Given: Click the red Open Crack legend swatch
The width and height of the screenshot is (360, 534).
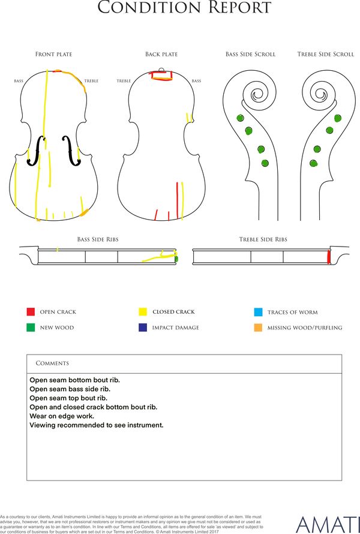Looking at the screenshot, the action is coord(31,311).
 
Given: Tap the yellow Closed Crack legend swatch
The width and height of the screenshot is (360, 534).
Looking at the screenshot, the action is coord(143,311).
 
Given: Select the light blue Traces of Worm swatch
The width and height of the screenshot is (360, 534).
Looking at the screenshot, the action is coord(258,312).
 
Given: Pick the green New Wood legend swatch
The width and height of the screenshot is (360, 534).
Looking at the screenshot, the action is coord(31,327).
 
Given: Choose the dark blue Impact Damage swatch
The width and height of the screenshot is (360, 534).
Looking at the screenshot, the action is coord(143,327).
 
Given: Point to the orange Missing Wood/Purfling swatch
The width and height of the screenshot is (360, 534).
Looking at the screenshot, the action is coord(258,328).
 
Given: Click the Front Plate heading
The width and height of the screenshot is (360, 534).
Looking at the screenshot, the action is coord(54,54).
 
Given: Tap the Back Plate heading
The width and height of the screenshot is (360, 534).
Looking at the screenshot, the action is coord(161,54).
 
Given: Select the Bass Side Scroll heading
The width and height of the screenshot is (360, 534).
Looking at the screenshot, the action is coord(250,54).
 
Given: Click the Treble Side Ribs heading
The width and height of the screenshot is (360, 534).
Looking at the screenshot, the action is coord(263,239).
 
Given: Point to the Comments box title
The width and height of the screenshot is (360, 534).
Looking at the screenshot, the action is coord(52,363).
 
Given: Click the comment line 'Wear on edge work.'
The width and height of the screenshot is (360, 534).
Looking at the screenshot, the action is coord(62,416).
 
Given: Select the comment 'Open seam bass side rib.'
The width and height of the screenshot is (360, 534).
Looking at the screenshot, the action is coord(70,389).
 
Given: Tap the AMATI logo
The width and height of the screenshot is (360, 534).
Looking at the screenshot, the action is coord(328,525).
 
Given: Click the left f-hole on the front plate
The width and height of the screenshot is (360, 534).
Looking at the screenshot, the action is coord(36,151).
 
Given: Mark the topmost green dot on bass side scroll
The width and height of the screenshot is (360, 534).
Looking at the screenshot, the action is coord(241,118).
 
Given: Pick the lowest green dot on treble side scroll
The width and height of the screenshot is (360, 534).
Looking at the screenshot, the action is coord(314,163).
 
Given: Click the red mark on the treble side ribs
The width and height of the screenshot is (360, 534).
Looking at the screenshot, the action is coord(329,257).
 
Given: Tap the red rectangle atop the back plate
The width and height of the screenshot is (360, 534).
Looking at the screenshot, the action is coord(162,75).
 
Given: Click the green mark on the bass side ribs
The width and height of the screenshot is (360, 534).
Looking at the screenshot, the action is coord(176,259).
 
